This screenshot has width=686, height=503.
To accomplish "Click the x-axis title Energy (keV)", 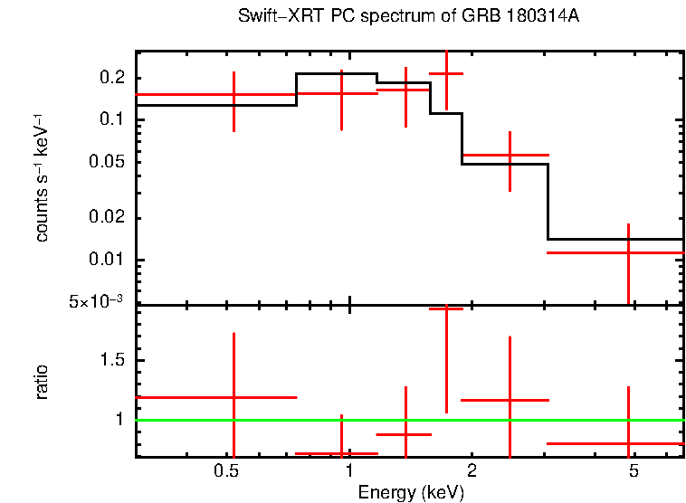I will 411,492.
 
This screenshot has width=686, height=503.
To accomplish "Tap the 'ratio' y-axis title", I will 42,382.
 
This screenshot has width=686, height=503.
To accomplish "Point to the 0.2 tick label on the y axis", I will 111,78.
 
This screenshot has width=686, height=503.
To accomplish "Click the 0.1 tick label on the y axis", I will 111,120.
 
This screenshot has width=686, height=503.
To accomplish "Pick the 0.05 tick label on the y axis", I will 108,163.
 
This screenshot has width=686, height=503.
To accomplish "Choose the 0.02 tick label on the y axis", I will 108,219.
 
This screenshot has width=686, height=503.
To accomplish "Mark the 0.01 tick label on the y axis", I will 108,261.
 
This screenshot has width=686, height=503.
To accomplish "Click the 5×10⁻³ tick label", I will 97,301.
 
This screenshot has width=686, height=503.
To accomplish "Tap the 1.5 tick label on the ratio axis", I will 111,361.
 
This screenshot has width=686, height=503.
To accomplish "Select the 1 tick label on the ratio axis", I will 121,420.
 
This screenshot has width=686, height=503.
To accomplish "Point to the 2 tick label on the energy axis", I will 472,471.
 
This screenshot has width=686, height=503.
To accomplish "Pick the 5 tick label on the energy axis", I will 634,471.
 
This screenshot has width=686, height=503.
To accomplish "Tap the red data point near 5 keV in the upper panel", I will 628,252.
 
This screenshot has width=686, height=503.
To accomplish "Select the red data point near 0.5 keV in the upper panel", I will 234,94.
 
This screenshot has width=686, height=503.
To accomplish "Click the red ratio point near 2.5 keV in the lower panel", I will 510,399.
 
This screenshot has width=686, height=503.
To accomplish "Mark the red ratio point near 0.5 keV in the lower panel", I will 234,397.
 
